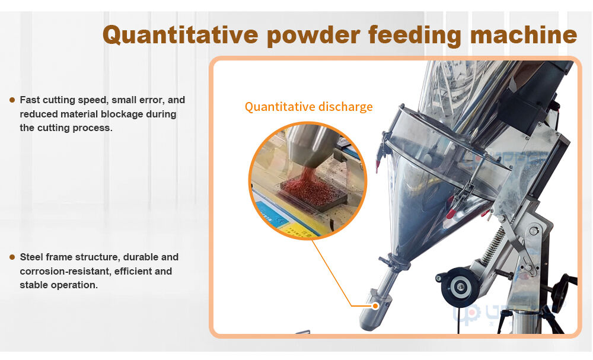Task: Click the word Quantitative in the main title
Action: click(180, 35)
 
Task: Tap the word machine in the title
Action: click(524, 34)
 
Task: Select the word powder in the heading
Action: click(314, 35)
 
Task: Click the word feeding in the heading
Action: click(415, 35)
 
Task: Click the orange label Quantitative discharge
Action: click(308, 107)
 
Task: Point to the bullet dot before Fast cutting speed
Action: click(12, 100)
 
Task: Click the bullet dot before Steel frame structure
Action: click(12, 257)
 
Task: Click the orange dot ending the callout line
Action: click(375, 306)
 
